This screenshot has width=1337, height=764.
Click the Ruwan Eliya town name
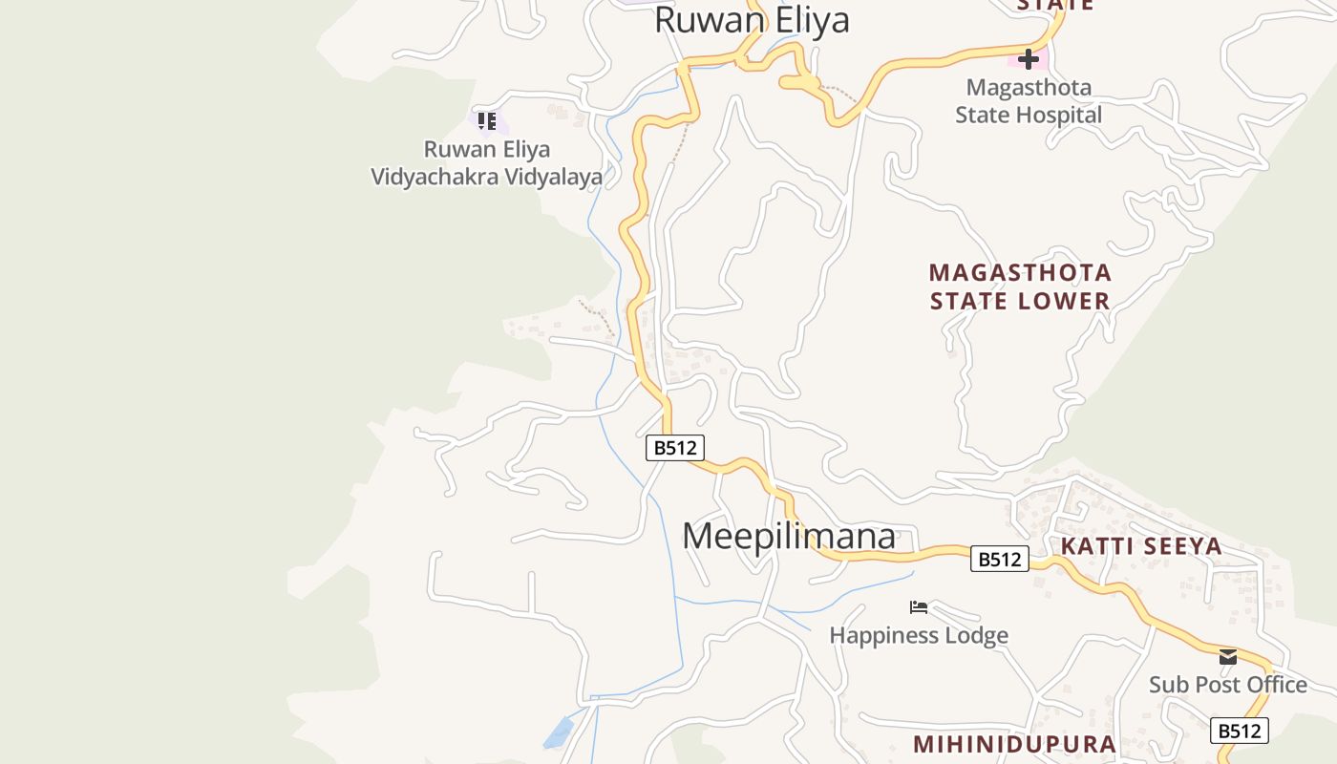point(752,20)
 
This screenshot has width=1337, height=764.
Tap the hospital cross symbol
point(1028,59)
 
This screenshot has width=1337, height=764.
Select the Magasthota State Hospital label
point(1029,101)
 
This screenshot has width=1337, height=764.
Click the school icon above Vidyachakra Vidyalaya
point(487,121)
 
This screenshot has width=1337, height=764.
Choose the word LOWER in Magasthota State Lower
point(1063,301)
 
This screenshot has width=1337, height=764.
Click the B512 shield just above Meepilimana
point(675,448)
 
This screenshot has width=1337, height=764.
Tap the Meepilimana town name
point(789,536)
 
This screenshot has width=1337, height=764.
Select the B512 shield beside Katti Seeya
point(1000,559)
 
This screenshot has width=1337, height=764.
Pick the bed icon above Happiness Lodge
point(919,607)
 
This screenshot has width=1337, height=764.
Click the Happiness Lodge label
point(919,635)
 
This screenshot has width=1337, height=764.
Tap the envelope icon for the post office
point(1228,657)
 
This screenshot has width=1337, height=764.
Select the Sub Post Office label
point(1228,685)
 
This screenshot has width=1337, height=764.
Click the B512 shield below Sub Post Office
point(1240,731)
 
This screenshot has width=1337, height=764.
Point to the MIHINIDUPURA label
point(1014,744)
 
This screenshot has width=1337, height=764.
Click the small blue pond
point(559,732)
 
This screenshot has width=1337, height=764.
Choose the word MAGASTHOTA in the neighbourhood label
point(1020,273)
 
